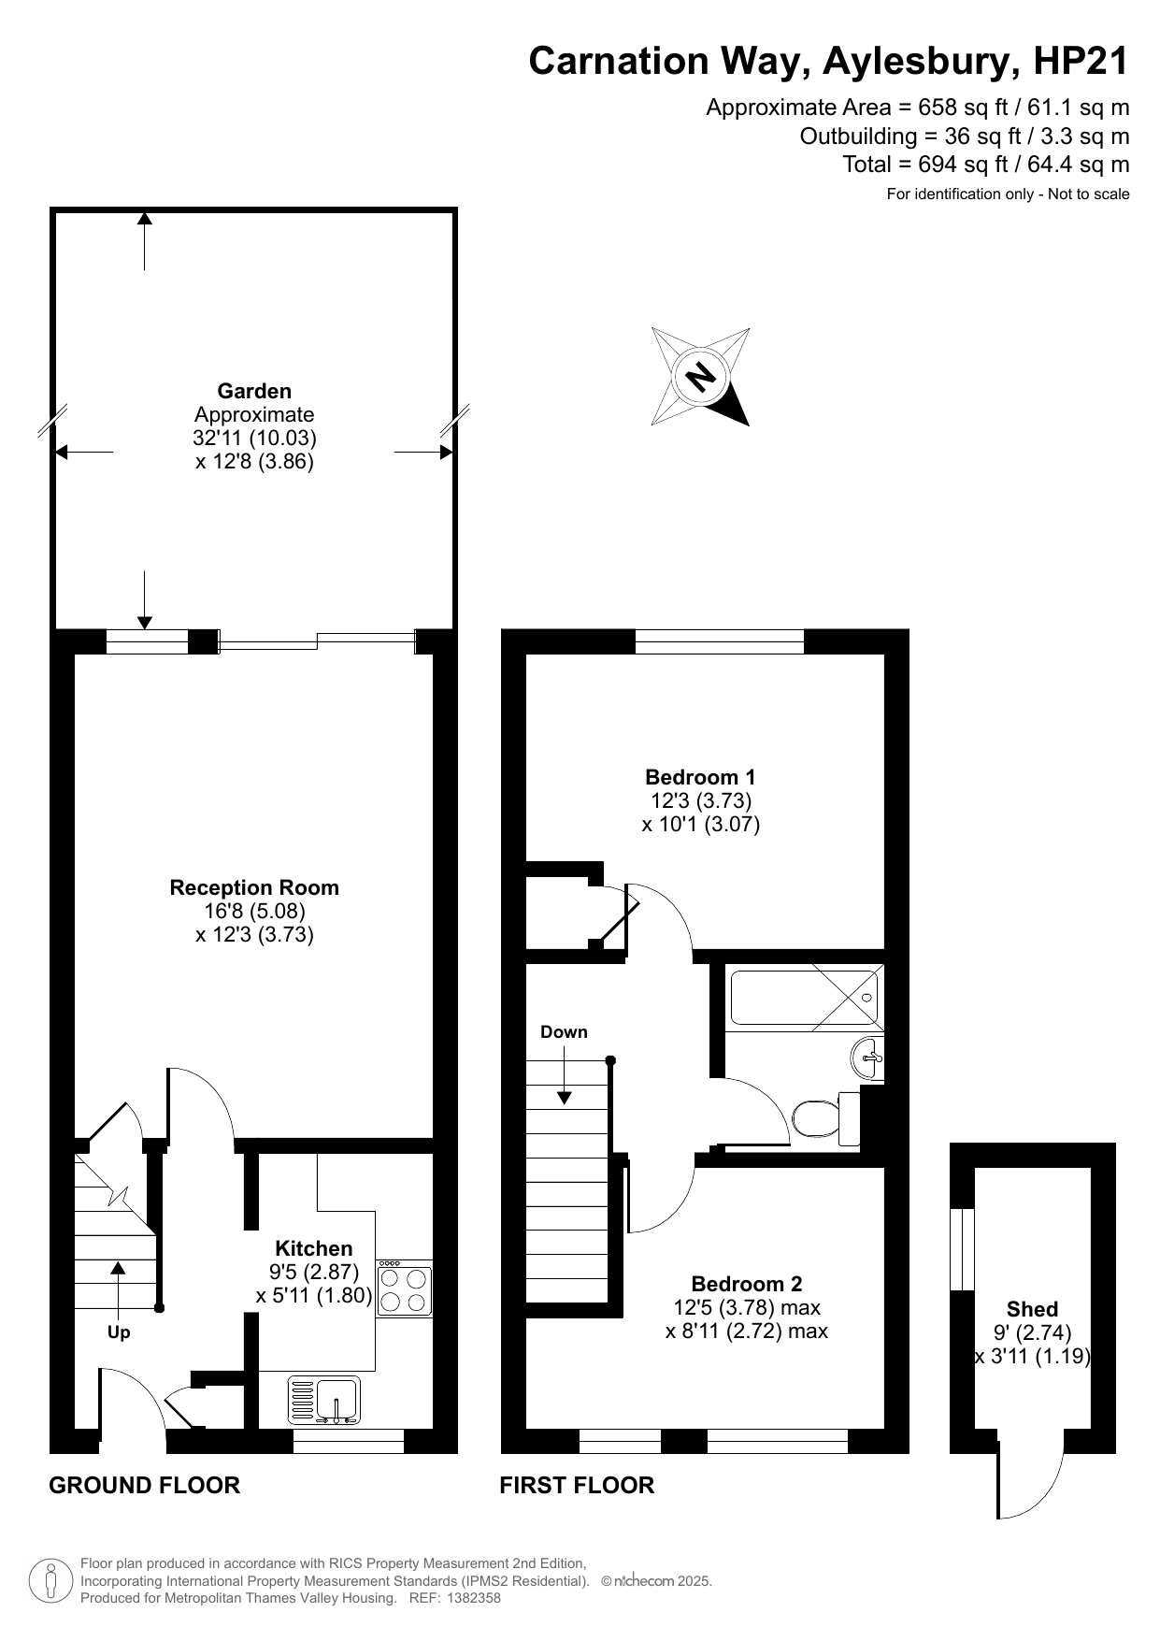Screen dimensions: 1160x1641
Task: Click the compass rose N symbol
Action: pos(700,377)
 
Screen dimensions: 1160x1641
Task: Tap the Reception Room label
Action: pos(254,887)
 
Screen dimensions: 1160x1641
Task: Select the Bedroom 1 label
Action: pos(700,777)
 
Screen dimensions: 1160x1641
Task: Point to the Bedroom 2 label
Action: pos(747,1284)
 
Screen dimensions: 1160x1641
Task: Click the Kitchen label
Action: pos(314,1248)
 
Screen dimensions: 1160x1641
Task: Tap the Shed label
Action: pos(1032,1309)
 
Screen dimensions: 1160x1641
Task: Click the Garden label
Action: pos(254,391)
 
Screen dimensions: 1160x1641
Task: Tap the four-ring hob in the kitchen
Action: pos(405,1289)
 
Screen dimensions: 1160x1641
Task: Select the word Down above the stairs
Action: pos(564,1032)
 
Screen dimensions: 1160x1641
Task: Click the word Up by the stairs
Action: pos(119,1332)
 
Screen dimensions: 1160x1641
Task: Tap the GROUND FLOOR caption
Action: pos(144,1485)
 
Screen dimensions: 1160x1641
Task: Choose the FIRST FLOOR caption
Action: pos(577,1485)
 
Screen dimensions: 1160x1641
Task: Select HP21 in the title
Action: pos(1081,61)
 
